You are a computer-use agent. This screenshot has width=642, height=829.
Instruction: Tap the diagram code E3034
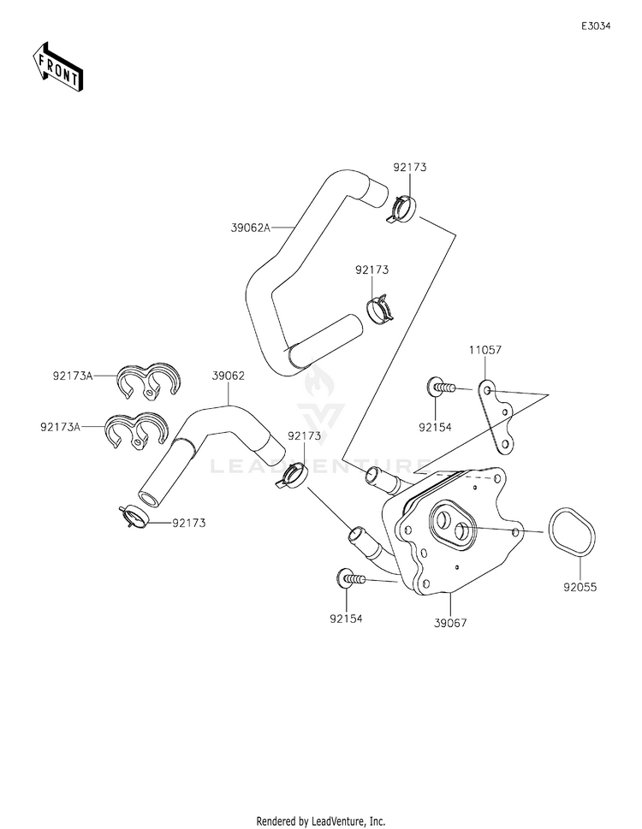coord(596,27)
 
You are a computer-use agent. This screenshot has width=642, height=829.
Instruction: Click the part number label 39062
coord(229,375)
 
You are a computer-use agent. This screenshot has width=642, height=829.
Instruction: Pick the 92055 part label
coord(580,588)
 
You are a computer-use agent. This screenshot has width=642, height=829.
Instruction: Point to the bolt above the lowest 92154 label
coord(350,579)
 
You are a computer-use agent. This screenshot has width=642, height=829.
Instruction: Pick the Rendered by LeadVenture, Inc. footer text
coord(321,820)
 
